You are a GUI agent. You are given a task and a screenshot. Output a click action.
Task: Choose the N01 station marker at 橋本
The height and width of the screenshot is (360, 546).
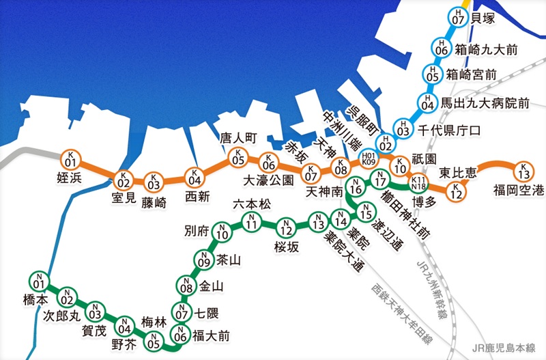pos(38,281)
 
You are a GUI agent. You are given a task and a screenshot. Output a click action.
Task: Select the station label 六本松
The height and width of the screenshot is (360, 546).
pos(252,204)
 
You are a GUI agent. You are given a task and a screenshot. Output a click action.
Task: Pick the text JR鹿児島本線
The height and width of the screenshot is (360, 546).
pos(507,347)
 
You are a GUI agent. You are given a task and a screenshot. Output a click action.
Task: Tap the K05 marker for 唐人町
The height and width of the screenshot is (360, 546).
pos(238,158)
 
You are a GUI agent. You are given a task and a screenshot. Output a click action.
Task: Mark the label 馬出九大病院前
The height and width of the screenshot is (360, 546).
pos(485,104)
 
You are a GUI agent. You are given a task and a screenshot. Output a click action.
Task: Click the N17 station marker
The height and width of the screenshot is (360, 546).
pos(379,180)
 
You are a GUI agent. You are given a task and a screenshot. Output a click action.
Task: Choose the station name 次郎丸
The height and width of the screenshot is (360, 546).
pos(62,316)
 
